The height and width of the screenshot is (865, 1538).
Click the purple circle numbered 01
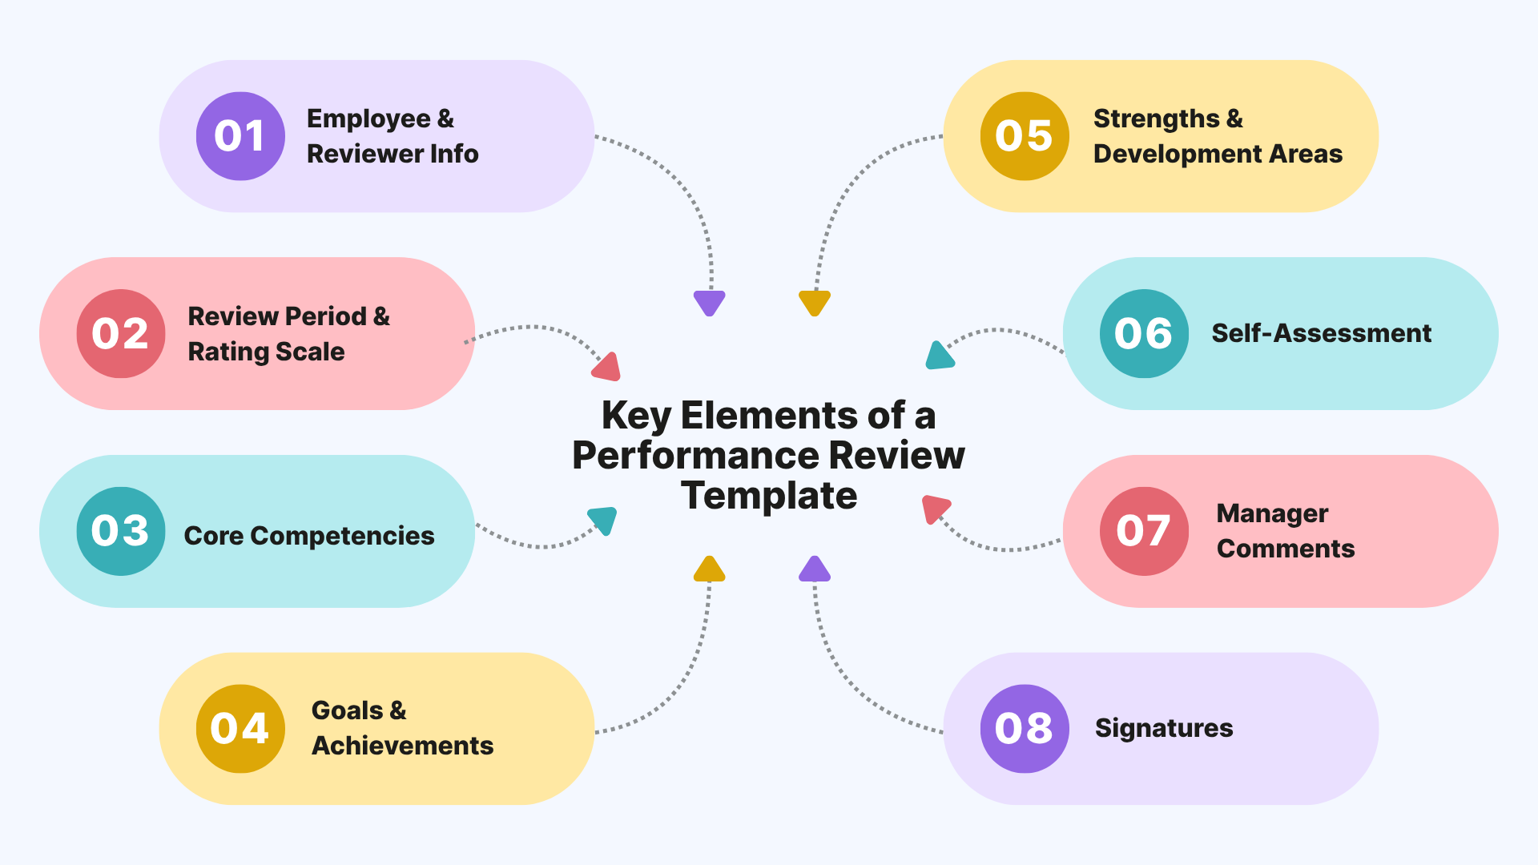point(240,136)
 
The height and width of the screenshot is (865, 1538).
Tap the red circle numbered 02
point(121,333)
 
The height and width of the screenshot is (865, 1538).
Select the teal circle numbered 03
point(121,531)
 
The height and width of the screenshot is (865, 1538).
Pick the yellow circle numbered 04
point(240,729)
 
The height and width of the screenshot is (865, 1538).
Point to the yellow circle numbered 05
point(1025,136)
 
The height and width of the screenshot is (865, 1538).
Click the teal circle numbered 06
point(1144,333)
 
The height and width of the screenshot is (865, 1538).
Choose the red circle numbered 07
point(1144,531)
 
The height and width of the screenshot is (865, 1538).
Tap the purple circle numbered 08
point(1025,729)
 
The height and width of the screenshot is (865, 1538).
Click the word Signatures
point(1164,728)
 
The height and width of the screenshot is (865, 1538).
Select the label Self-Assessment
point(1321,333)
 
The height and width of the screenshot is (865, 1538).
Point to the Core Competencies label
point(309,536)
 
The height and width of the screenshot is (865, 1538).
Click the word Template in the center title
point(769,496)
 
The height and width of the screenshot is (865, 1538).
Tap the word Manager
point(1272,513)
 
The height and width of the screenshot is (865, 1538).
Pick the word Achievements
point(402,746)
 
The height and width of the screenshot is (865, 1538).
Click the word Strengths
point(1157,119)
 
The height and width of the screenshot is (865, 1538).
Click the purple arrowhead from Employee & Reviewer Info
point(710,302)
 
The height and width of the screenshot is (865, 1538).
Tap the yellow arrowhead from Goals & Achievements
point(709,570)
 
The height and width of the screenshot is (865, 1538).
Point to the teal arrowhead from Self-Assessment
point(939,356)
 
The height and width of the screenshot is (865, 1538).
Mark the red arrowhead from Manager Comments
point(934,509)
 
